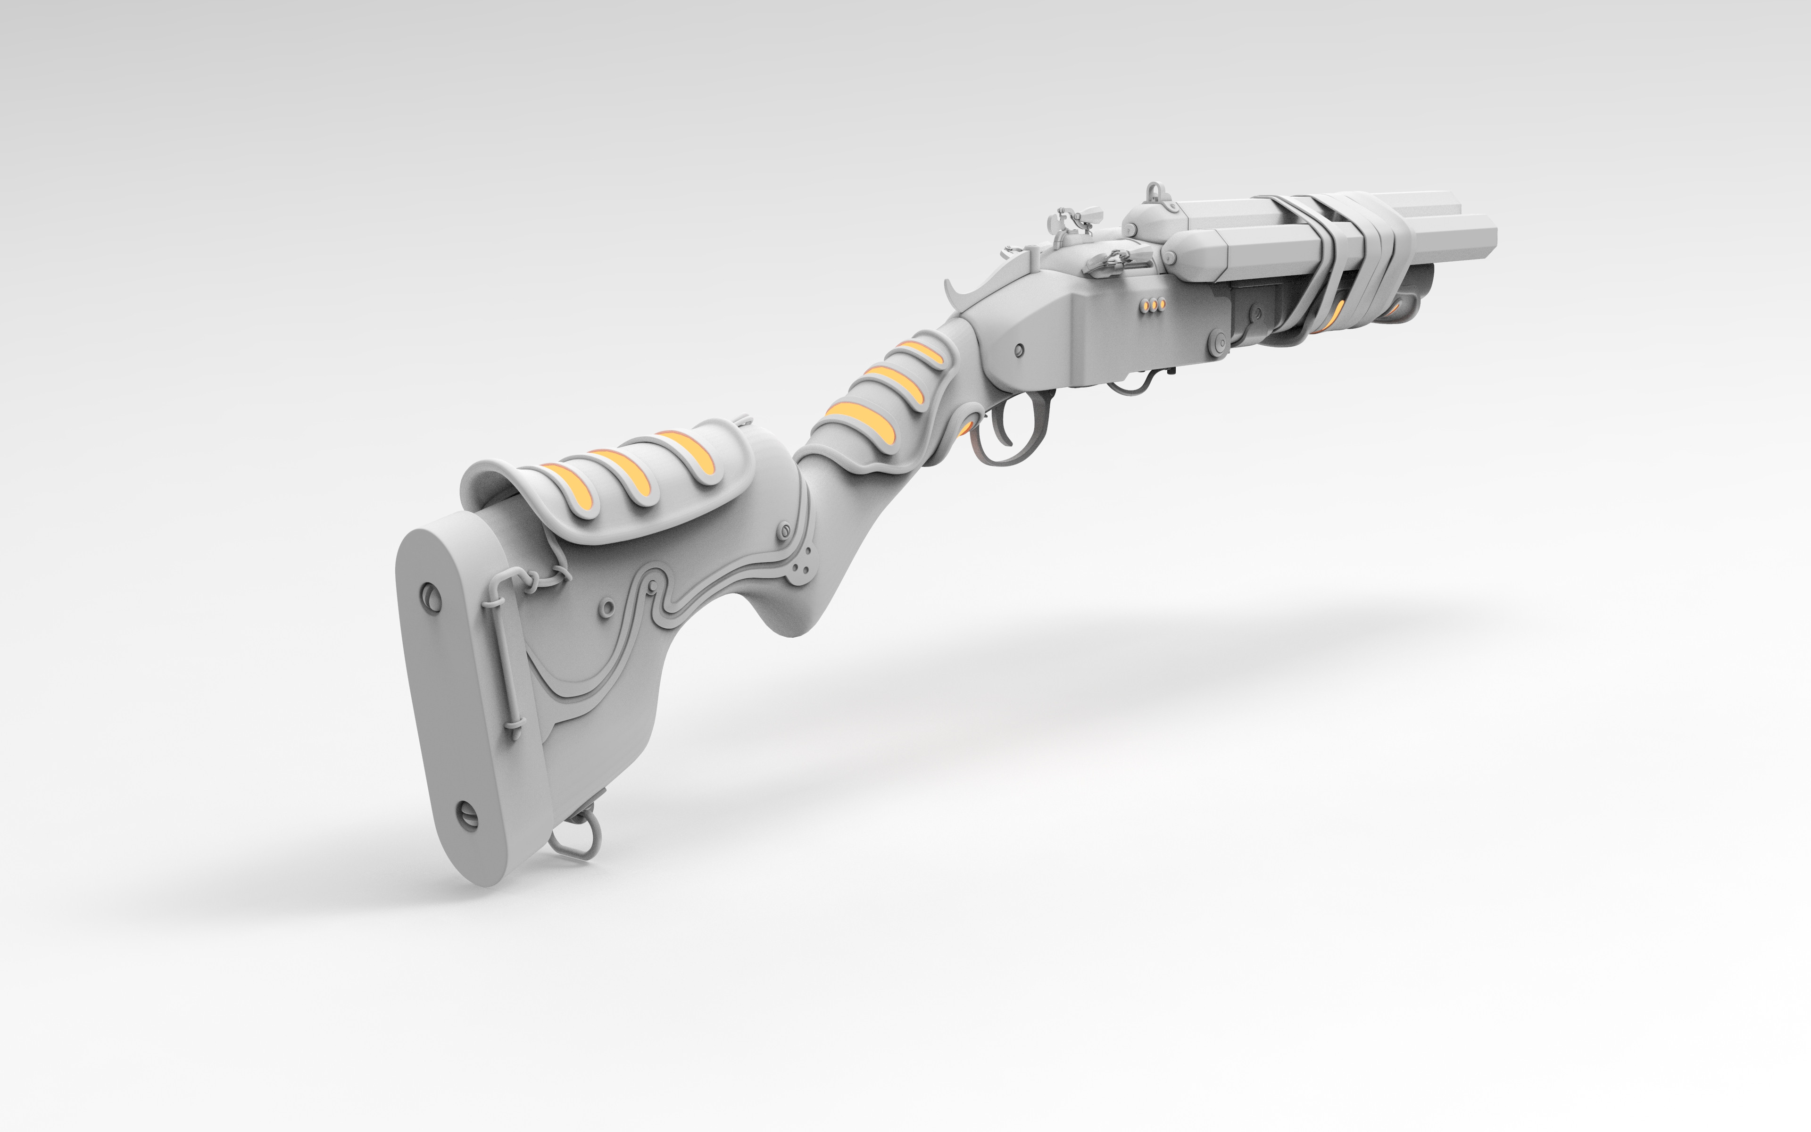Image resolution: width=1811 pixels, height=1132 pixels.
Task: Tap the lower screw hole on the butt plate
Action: click(467, 815)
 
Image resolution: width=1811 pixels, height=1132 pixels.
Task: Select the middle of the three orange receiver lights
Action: click(1153, 305)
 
